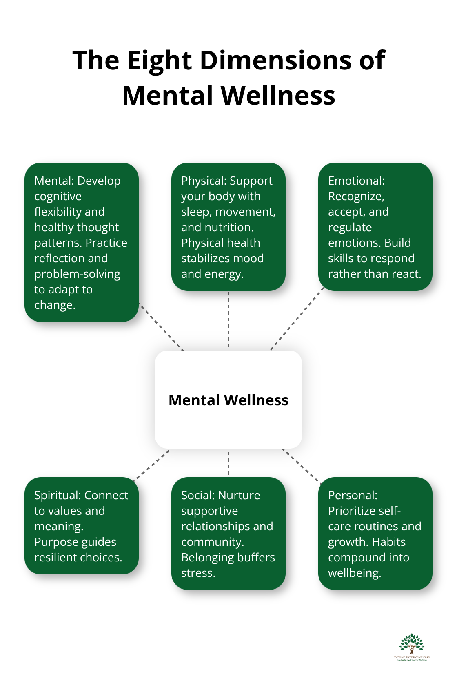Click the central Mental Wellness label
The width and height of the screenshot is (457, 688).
pyautogui.click(x=228, y=400)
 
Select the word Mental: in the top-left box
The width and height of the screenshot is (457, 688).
pyautogui.click(x=54, y=181)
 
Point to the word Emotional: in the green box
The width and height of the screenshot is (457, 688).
pyautogui.click(x=356, y=181)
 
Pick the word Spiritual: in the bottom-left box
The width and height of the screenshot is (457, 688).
pyautogui.click(x=57, y=495)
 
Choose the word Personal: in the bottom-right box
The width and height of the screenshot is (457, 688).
pyautogui.click(x=353, y=495)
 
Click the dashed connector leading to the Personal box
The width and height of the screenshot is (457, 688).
pyautogui.click(x=301, y=466)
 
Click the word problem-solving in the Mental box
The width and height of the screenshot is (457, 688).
pyautogui.click(x=77, y=274)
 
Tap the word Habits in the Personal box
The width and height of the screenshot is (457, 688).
pyautogui.click(x=389, y=542)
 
